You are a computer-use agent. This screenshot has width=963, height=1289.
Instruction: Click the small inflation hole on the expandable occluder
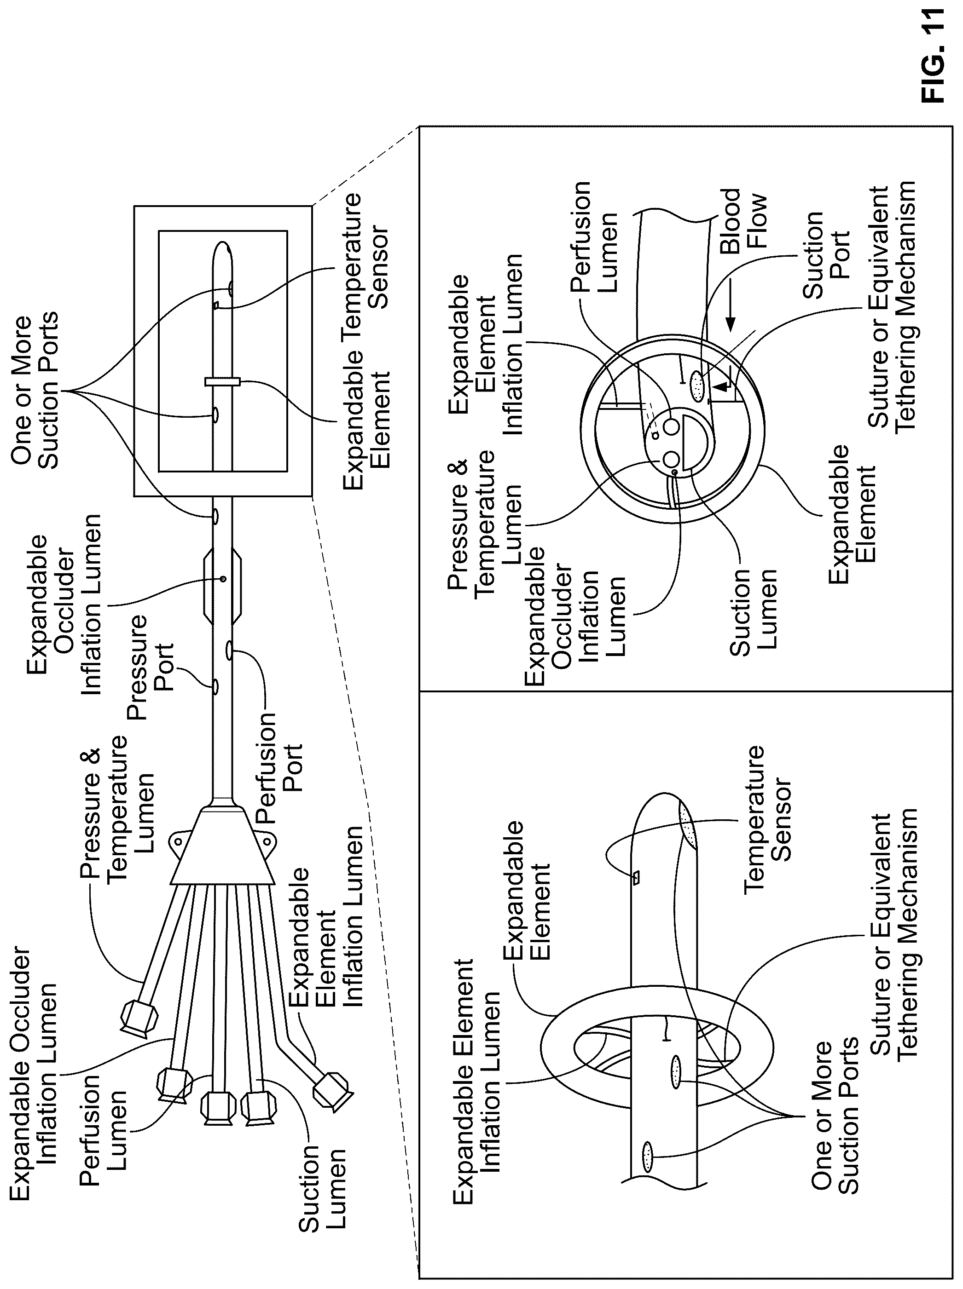[223, 579]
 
